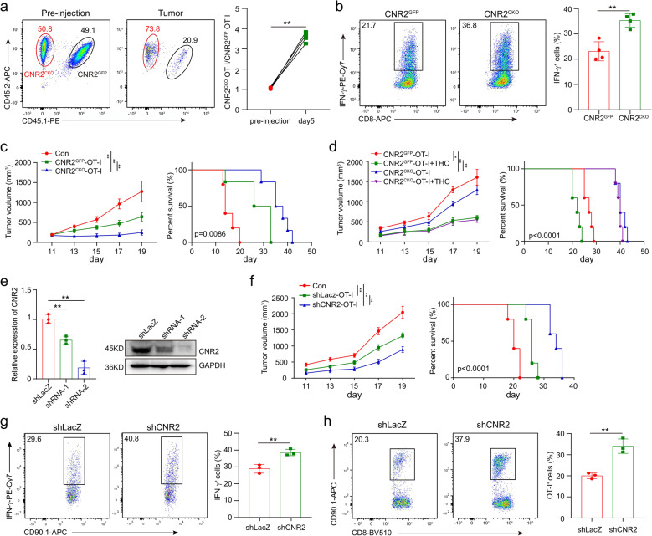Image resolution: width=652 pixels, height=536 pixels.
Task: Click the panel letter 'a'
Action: click(x=7, y=8)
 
